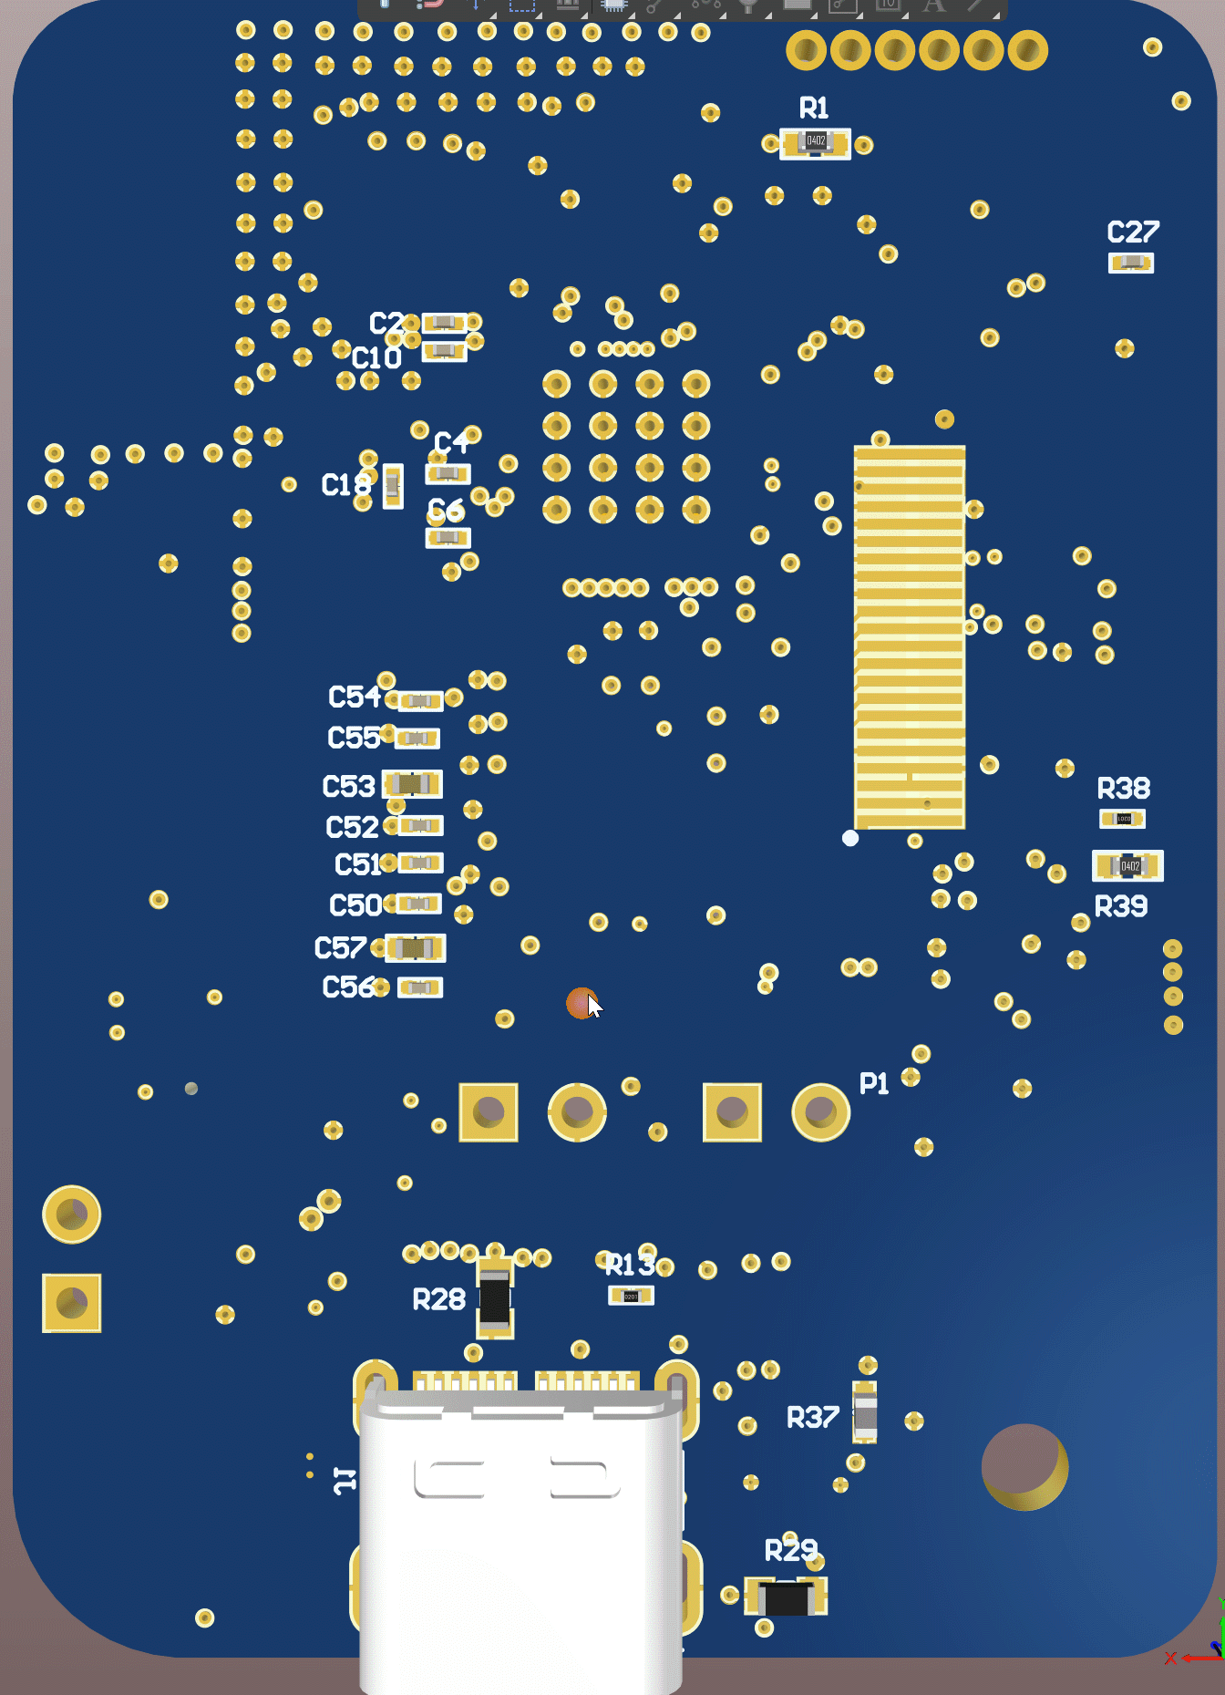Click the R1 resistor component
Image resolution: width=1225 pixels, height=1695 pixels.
pos(815,143)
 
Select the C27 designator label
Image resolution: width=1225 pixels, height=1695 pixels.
pos(1133,233)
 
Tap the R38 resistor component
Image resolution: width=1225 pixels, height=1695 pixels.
pos(1123,819)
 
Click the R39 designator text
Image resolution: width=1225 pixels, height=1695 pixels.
pos(1120,906)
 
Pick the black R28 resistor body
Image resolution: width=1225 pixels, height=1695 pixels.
pos(495,1299)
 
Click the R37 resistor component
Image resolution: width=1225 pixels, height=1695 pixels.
pos(864,1412)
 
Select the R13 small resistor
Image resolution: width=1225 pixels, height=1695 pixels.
pos(631,1296)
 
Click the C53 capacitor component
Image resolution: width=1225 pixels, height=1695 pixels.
pos(412,784)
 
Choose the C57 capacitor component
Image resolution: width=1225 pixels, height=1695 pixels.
pos(415,948)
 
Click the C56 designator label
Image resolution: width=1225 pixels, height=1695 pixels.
pos(348,987)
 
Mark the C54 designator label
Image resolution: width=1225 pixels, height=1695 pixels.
pos(354,698)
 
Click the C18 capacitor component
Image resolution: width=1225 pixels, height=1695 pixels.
pos(393,486)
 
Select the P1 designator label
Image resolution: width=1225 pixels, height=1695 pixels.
pos(873,1083)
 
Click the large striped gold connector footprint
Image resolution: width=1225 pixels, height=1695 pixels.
pos(909,636)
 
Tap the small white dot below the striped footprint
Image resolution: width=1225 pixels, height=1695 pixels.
pos(850,838)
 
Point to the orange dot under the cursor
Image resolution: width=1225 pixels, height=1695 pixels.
pos(579,1003)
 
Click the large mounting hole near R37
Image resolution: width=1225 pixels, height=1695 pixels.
pos(1024,1466)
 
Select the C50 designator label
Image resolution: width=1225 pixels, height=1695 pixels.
pos(355,905)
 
